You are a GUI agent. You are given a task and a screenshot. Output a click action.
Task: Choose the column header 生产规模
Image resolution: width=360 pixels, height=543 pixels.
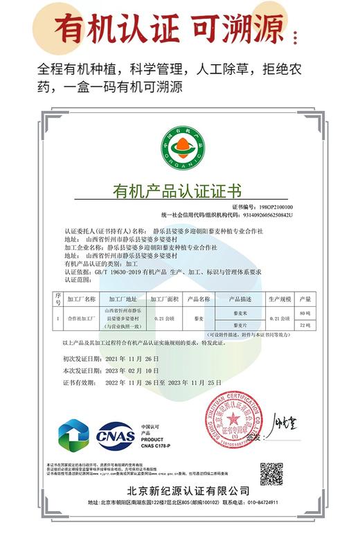278,299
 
